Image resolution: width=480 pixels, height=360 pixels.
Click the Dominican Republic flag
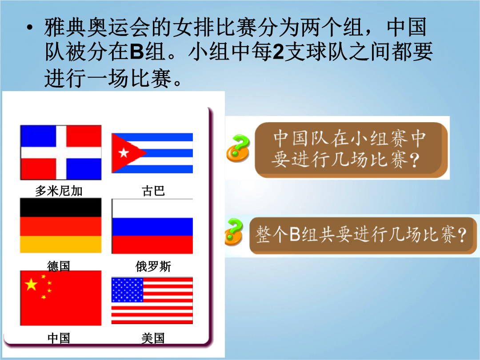point(60,152)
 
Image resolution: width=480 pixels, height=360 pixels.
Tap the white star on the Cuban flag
point(124,152)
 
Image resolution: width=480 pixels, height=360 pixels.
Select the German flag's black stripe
point(60,208)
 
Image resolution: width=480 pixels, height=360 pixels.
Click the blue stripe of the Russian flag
point(152,227)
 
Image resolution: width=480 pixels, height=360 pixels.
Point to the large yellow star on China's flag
point(31,284)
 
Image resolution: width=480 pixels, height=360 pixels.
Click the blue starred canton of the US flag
point(128,290)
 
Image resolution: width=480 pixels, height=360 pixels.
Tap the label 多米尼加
point(59,191)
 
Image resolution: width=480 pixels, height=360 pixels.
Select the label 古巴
point(153,191)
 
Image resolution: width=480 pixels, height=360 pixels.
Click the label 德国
point(59,266)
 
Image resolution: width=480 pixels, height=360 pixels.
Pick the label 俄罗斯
point(153,266)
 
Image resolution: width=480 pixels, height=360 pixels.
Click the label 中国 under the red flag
point(59,338)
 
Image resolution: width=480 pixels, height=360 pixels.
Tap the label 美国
point(153,338)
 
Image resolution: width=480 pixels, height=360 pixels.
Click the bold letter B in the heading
point(137,52)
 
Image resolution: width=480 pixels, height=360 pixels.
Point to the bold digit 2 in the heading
point(278,52)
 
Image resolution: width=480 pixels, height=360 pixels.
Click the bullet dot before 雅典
point(29,28)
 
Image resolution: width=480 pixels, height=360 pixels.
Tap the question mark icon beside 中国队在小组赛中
point(238,148)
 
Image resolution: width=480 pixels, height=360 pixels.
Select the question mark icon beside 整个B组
point(234,232)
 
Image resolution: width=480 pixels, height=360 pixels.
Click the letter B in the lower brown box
point(295,235)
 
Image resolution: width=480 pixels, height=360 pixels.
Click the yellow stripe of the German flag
point(60,244)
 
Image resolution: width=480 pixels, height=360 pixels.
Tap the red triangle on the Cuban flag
point(126,153)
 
